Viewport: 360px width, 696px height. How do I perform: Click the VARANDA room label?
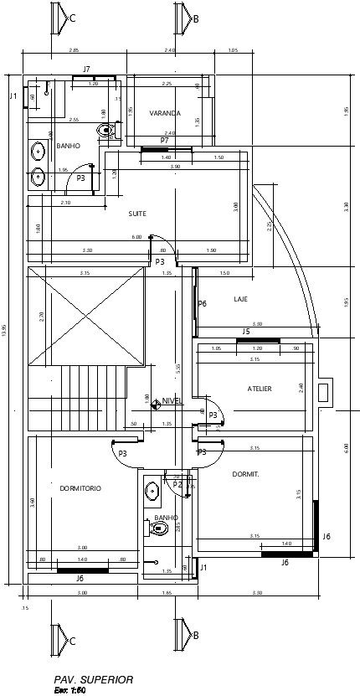(x=165, y=113)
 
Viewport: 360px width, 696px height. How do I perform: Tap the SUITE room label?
(x=137, y=214)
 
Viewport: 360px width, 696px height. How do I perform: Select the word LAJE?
(x=240, y=299)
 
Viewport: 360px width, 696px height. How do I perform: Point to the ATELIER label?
(x=259, y=389)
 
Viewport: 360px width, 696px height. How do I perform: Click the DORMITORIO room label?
(x=80, y=487)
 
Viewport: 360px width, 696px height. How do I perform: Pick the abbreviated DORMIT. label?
(x=245, y=474)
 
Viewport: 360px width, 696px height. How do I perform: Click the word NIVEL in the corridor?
(x=172, y=401)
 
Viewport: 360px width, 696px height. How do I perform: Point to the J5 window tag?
(x=246, y=332)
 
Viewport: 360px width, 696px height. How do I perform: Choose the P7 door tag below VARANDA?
(x=165, y=140)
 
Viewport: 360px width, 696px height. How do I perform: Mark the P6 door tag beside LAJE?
(x=202, y=303)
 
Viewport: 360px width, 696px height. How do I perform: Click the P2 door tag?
(x=177, y=484)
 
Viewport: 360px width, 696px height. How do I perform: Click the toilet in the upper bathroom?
(x=105, y=130)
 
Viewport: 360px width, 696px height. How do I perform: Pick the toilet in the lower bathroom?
(x=161, y=528)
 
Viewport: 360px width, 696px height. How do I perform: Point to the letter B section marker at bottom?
(x=195, y=636)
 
